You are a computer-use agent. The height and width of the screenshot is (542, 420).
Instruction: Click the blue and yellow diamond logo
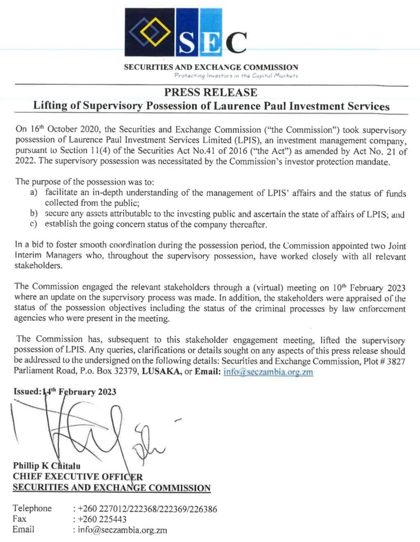pyautogui.click(x=150, y=31)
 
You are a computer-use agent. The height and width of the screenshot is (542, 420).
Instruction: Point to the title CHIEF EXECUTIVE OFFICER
pyautogui.click(x=77, y=476)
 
